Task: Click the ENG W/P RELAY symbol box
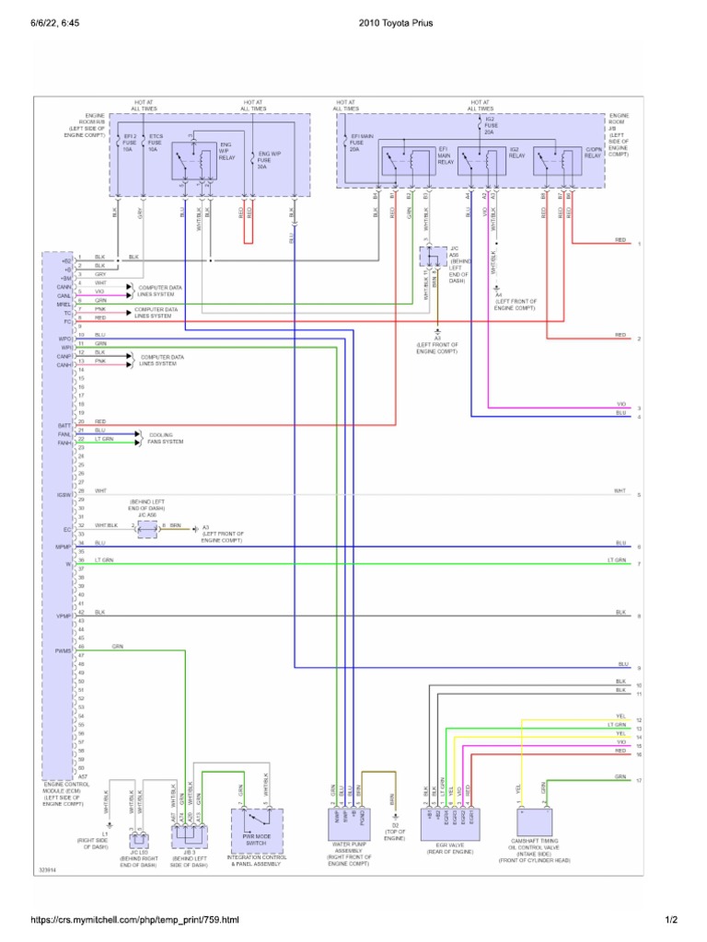pyautogui.click(x=200, y=158)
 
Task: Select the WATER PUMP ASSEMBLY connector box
pyautogui.click(x=348, y=819)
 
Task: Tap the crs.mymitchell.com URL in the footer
pyautogui.click(x=134, y=919)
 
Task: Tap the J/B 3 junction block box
pyautogui.click(x=189, y=834)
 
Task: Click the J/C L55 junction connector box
pyautogui.click(x=138, y=839)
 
